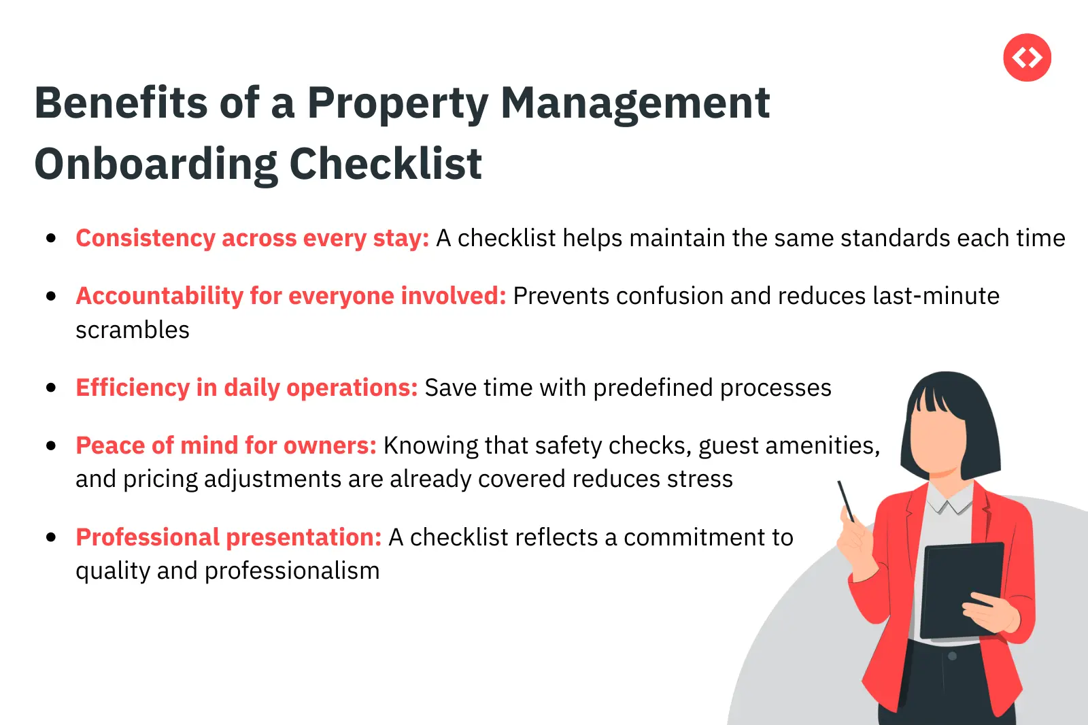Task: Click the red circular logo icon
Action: tap(1027, 58)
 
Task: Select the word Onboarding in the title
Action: tap(156, 165)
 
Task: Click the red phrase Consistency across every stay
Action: tap(252, 239)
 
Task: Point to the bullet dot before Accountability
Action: tap(51, 296)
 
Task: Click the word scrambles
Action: tap(133, 331)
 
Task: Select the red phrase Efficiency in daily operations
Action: tap(246, 388)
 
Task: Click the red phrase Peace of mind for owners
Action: tap(226, 445)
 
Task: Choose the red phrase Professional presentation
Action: tap(228, 537)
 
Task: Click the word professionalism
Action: tap(292, 571)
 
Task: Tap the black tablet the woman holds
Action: tap(961, 588)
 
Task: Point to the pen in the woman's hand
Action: tap(846, 501)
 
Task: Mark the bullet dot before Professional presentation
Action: tap(51, 537)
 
